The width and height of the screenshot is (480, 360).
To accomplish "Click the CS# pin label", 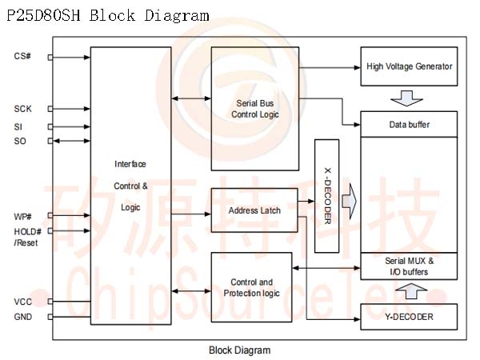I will [22, 57].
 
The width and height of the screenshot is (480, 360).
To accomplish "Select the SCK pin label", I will [23, 109].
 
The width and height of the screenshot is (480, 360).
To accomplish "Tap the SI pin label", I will [18, 126].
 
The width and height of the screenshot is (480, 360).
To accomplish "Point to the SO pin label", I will [20, 142].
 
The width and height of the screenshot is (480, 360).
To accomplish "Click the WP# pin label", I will [23, 216].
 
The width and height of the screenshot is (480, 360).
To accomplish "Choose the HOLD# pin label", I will [26, 231].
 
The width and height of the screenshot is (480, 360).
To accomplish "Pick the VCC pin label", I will [22, 302].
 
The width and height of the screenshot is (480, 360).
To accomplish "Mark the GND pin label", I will [23, 317].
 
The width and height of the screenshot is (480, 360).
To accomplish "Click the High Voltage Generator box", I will [409, 66].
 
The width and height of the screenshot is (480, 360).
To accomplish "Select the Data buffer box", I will [409, 125].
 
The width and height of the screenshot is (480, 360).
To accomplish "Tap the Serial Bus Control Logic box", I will [256, 109].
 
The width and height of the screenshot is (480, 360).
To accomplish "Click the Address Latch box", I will [254, 210].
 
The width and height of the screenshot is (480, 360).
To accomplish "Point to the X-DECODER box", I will [327, 196].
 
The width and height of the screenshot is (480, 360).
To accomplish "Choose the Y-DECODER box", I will [409, 318].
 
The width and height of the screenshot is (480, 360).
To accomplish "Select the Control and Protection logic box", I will [254, 288].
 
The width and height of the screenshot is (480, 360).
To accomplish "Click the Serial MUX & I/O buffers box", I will [409, 266].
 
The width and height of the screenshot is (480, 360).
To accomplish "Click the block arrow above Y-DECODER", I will [409, 291].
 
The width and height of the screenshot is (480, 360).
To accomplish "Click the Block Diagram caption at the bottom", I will [239, 350].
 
